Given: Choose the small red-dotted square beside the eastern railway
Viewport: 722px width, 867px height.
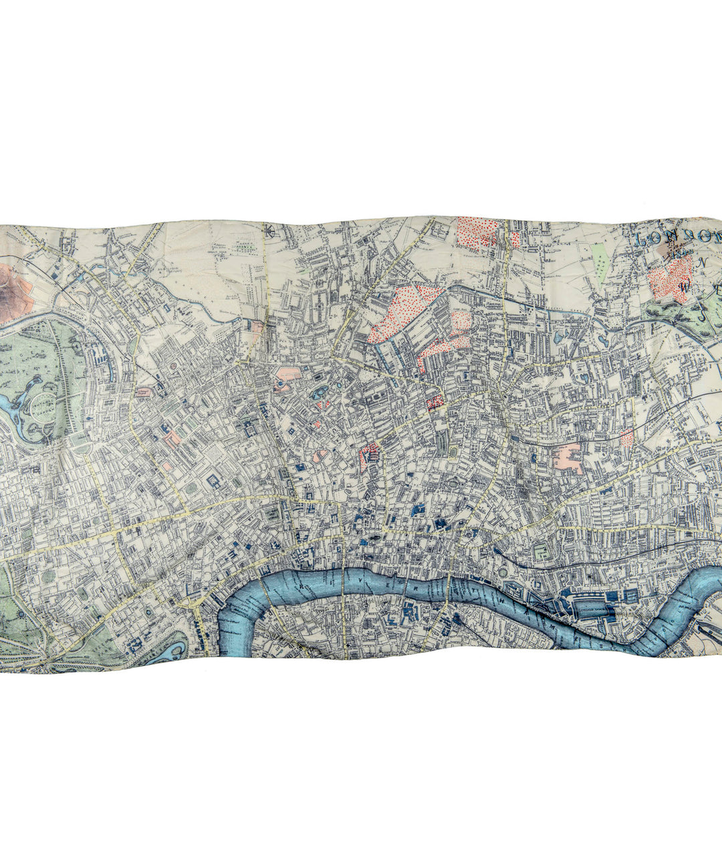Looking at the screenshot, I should point(626,438).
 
